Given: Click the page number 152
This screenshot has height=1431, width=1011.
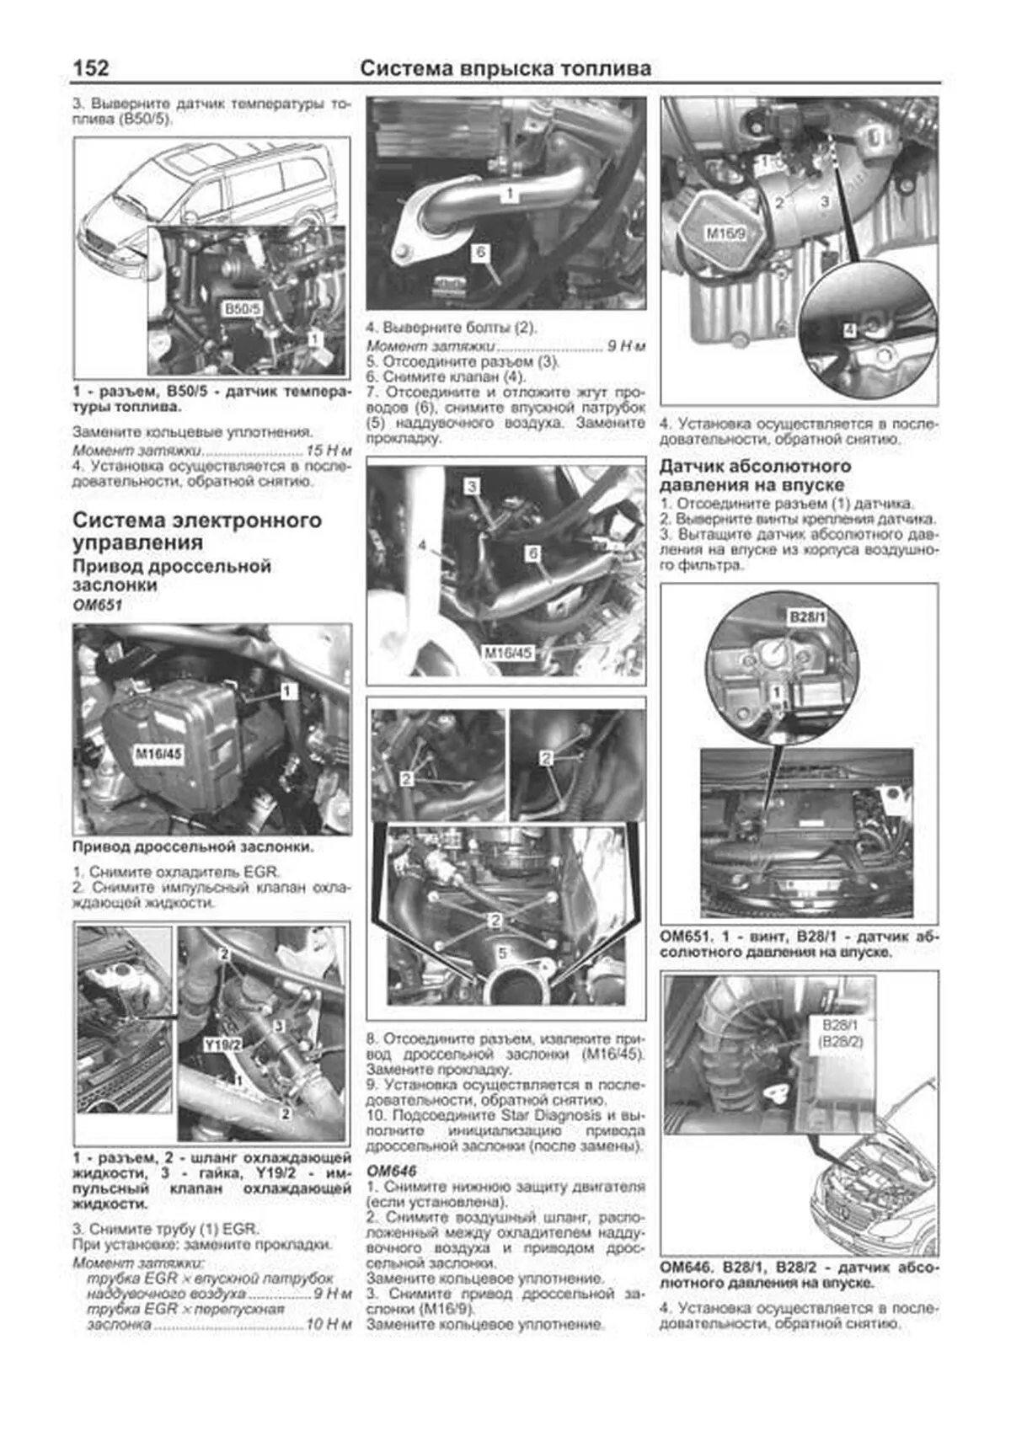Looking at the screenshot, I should click(x=91, y=67).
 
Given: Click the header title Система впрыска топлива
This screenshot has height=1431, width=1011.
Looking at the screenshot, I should click(x=505, y=68).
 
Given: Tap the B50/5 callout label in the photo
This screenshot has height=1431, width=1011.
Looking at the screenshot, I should click(x=242, y=309).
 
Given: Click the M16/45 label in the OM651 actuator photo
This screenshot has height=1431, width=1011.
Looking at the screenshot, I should click(x=159, y=754).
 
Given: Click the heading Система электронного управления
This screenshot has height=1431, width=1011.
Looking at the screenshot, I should click(x=196, y=531).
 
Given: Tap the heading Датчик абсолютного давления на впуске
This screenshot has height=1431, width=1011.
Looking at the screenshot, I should click(x=754, y=475).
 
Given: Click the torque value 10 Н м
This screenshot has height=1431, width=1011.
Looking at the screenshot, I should click(x=329, y=1324).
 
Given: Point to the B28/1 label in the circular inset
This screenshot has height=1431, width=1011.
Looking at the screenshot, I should click(x=806, y=617).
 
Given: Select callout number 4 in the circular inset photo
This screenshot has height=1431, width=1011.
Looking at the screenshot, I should click(x=849, y=331).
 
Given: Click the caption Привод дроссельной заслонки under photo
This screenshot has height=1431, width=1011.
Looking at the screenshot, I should click(x=192, y=846).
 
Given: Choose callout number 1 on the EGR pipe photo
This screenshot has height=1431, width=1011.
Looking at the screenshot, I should click(x=510, y=194).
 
